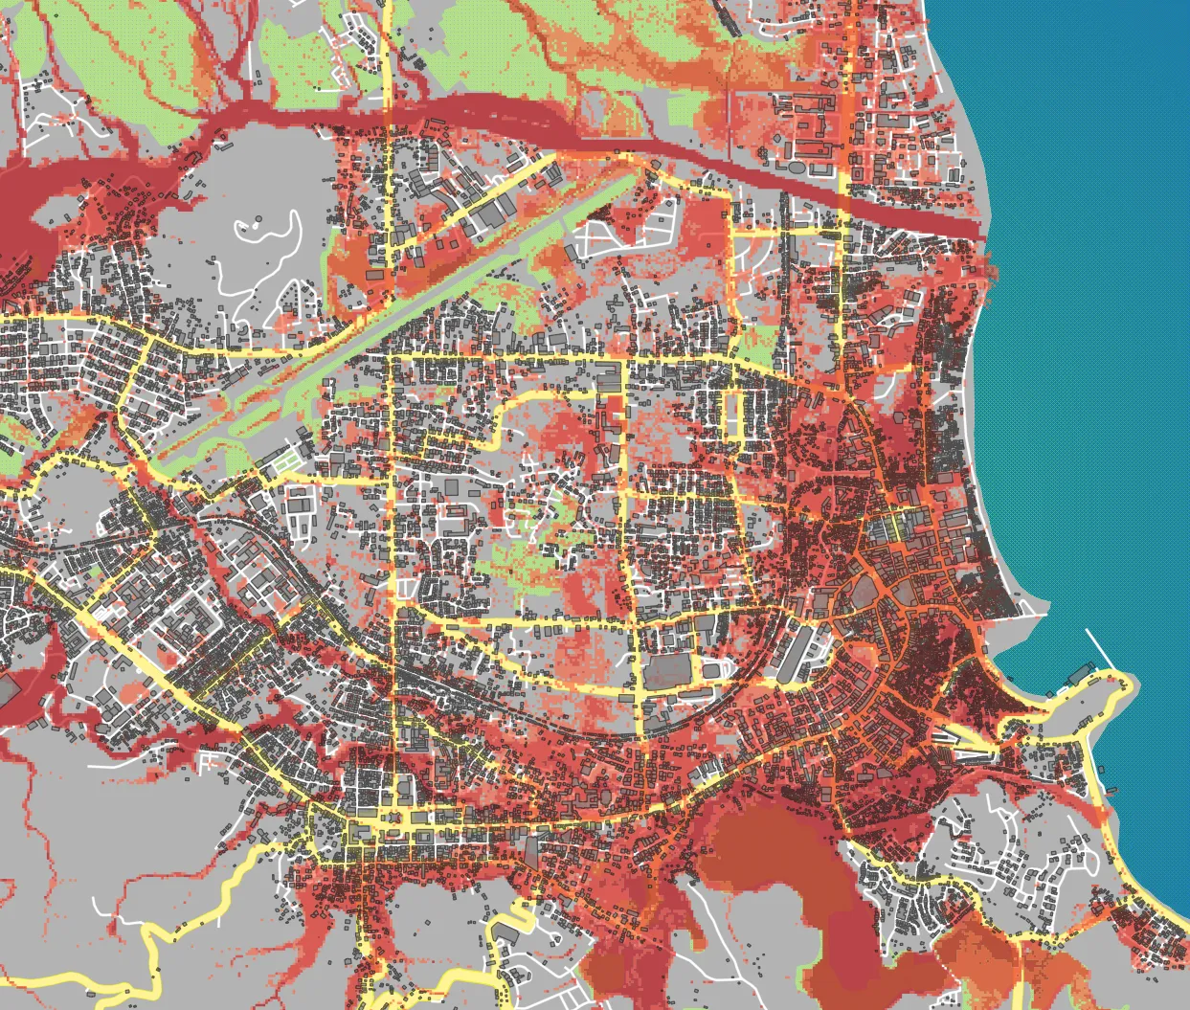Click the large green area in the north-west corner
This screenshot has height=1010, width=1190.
115,57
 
